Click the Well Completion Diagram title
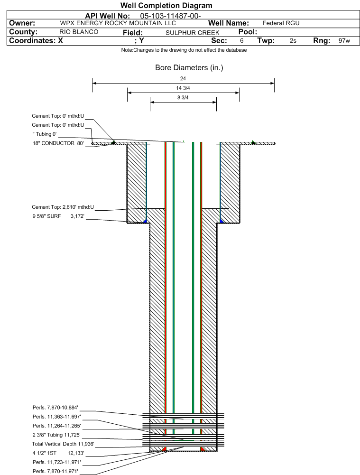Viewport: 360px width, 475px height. click(166, 5)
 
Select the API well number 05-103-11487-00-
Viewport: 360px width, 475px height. click(170, 16)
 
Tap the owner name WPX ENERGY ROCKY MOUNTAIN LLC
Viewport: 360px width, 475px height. click(118, 23)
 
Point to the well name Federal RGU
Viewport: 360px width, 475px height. click(281, 23)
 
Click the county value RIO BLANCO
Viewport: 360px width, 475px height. click(79, 32)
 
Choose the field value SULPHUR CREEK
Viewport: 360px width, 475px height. click(193, 33)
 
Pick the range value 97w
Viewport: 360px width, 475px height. click(344, 41)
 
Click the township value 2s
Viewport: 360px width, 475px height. click(293, 41)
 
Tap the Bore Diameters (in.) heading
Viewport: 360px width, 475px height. click(189, 67)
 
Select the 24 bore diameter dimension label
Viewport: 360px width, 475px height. click(183, 78)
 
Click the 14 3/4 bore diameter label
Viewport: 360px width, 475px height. click(183, 88)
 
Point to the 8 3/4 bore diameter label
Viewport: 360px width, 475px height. click(183, 97)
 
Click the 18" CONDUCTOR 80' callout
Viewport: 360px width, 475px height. click(58, 143)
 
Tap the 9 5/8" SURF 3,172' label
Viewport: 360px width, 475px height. click(58, 216)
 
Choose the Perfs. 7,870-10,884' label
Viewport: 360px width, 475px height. click(55, 408)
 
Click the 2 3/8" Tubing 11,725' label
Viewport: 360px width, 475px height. click(56, 435)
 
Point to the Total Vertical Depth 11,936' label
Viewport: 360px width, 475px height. click(63, 444)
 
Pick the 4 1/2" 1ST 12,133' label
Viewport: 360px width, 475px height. click(58, 453)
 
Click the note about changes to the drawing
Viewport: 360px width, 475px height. click(184, 50)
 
